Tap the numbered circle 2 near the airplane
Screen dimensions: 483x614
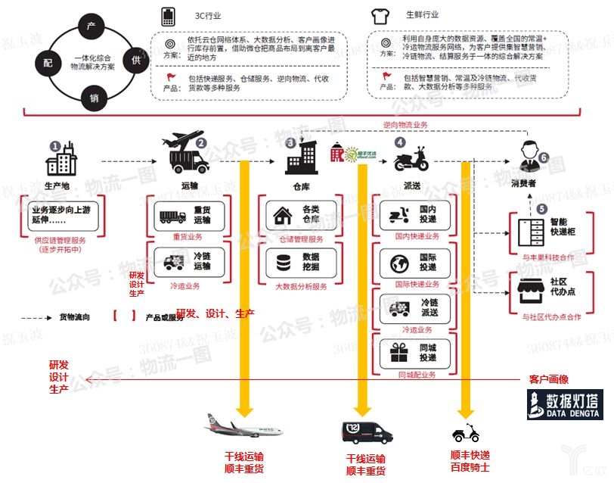[x=202, y=142]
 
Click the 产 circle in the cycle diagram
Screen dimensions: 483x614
[x=91, y=26]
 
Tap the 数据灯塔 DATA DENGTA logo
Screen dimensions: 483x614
[x=566, y=405]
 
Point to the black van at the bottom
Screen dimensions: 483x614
[x=365, y=434]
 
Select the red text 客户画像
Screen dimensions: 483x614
[x=548, y=379]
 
